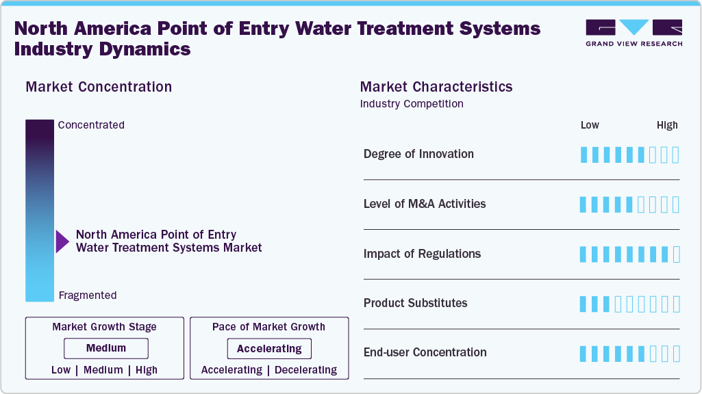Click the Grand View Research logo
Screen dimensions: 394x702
click(x=634, y=32)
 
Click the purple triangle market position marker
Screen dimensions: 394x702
click(x=62, y=241)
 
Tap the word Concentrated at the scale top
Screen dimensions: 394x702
click(x=91, y=125)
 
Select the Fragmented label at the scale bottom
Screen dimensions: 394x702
click(x=88, y=295)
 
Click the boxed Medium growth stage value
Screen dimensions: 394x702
click(x=105, y=348)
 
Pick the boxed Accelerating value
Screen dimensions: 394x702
click(x=269, y=349)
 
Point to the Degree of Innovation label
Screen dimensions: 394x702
click(x=418, y=154)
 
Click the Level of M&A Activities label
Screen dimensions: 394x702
click(x=425, y=204)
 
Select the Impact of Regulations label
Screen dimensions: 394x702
click(x=422, y=254)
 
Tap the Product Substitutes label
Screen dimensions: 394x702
click(x=415, y=303)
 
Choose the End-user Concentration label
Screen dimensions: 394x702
click(x=425, y=352)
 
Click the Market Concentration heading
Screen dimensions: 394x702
click(x=99, y=87)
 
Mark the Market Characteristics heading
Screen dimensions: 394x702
click(x=436, y=87)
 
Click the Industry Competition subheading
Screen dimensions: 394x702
click(x=412, y=104)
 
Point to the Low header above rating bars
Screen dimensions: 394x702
click(x=590, y=125)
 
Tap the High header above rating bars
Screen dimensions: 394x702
click(x=667, y=125)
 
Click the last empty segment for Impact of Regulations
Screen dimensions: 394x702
click(x=676, y=254)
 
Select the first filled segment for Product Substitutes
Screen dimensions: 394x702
click(x=584, y=304)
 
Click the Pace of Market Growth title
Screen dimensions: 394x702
click(x=268, y=327)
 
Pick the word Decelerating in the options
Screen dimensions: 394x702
click(x=306, y=370)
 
